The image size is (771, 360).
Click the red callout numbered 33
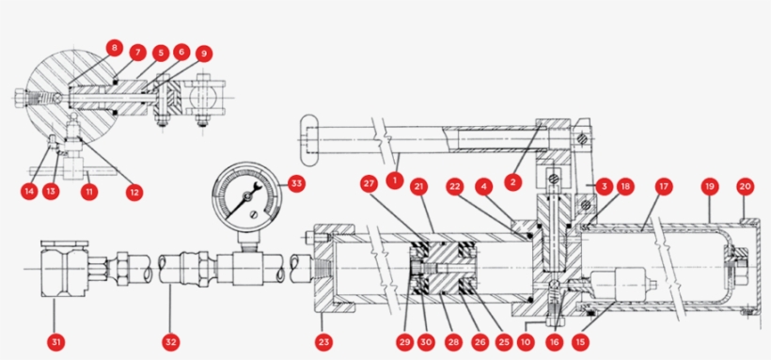point(296,184)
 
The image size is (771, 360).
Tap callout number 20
point(746,186)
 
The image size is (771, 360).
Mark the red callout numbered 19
point(710,186)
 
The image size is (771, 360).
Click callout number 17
point(664,186)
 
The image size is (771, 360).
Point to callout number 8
point(114,46)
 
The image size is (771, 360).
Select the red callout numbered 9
point(204,54)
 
